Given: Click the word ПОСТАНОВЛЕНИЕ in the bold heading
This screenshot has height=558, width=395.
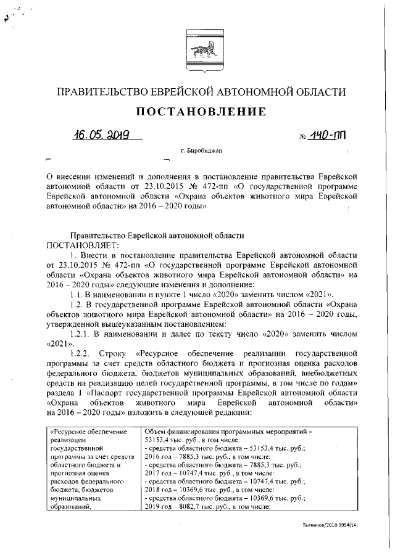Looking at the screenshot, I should coord(197,112).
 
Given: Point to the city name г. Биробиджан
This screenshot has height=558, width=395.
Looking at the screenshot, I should coord(201,150).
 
